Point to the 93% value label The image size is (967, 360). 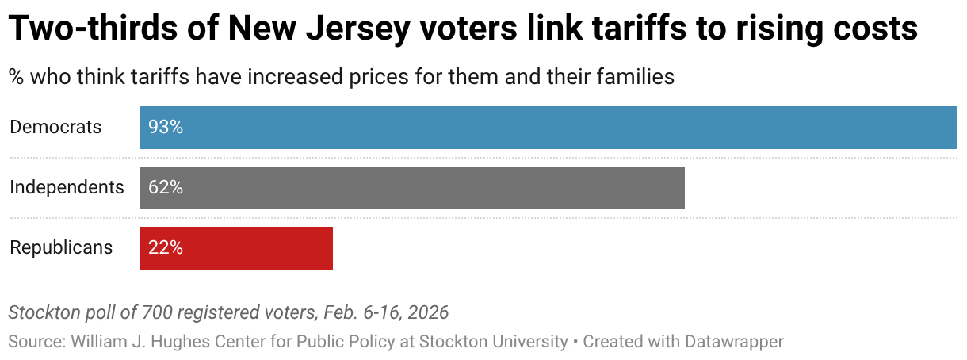click(166, 127)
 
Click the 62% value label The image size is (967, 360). click(166, 187)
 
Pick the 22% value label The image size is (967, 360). click(166, 247)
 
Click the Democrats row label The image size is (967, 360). click(55, 127)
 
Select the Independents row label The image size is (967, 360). click(67, 187)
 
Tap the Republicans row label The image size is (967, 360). click(61, 247)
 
